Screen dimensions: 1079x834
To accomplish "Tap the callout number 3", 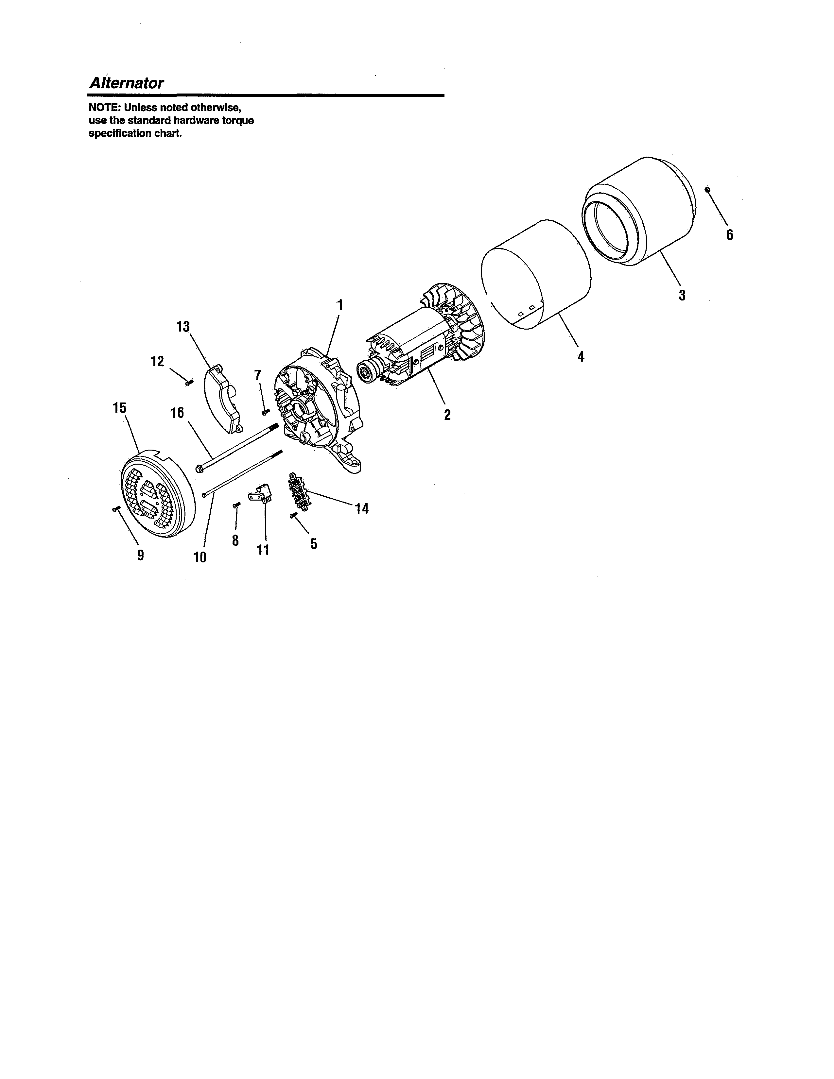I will point(682,296).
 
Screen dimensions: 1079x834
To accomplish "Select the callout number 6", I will point(729,235).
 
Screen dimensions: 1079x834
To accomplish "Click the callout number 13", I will point(183,327).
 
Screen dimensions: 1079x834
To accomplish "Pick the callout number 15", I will point(120,408).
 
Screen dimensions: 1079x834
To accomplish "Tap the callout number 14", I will point(362,508).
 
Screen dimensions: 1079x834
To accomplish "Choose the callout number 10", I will point(200,557).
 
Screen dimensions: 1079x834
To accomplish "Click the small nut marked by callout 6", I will point(707,189).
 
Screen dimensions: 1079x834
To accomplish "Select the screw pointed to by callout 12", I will point(189,382).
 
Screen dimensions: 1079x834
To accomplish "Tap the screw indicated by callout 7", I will point(265,412).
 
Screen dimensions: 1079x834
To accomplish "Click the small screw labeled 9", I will point(116,509).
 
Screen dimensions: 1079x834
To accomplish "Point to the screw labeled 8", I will point(236,505).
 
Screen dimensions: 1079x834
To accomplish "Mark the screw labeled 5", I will point(293,516).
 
